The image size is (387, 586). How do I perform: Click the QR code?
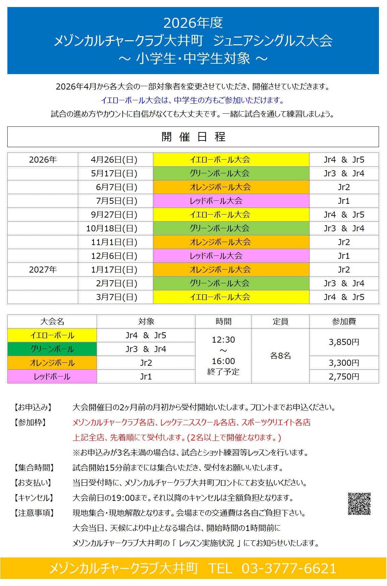click(359, 504)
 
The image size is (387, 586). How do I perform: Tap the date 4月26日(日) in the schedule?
click(114, 160)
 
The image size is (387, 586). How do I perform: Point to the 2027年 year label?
click(43, 270)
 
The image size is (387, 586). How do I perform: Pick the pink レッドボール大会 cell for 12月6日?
click(231, 256)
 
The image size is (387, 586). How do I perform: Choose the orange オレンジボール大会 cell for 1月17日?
click(231, 270)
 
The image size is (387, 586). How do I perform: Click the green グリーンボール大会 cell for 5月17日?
click(231, 174)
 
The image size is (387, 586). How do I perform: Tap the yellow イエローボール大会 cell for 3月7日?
click(231, 297)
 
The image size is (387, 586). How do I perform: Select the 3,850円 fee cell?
click(344, 342)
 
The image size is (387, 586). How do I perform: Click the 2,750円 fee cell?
click(344, 377)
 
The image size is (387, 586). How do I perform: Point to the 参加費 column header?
click(344, 322)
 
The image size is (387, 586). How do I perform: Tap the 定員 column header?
click(280, 322)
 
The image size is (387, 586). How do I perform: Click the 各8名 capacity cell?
click(280, 356)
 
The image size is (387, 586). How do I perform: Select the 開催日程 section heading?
click(193, 137)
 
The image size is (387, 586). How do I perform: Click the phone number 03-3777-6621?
click(289, 569)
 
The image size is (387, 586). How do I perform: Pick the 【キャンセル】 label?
click(34, 498)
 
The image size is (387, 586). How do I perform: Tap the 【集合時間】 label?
click(34, 468)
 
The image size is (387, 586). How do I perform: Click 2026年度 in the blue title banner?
click(193, 23)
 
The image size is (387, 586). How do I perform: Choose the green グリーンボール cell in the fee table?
click(52, 349)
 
